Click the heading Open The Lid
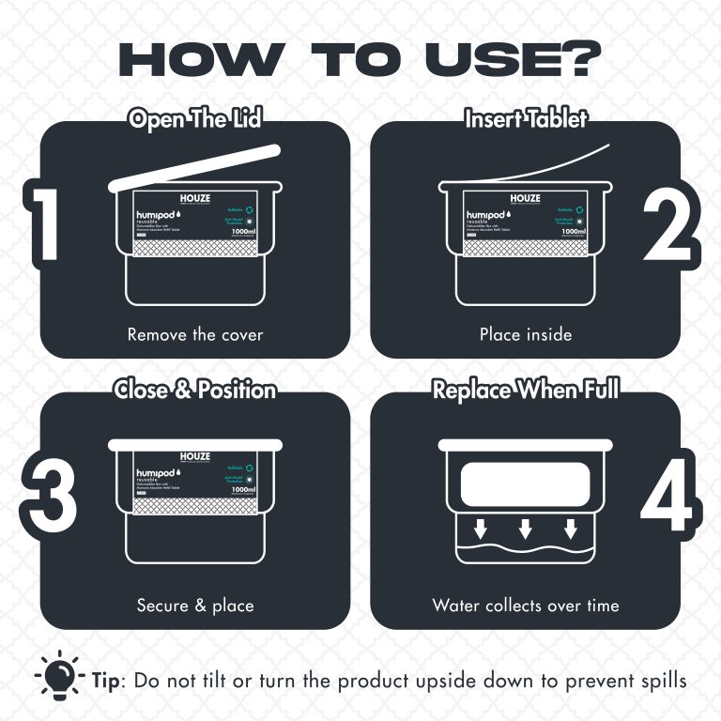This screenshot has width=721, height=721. point(195,119)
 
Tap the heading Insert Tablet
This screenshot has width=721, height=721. point(526,119)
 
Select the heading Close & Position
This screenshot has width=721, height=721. point(195,389)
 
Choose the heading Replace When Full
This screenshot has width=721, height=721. point(526,389)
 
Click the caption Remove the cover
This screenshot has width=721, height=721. point(195,334)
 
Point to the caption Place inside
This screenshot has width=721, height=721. point(526,334)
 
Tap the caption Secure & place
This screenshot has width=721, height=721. point(195,605)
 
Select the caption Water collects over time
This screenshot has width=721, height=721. point(526,605)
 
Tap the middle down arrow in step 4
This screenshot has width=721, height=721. point(526,529)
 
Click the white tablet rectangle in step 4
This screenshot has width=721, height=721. point(526,487)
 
